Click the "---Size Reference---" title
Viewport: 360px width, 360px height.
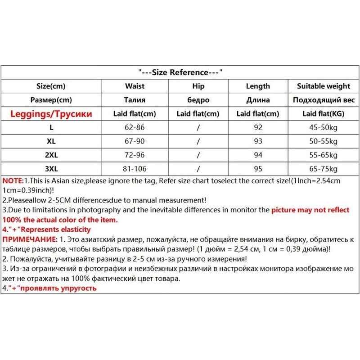point(180,72)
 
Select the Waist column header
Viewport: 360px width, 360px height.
point(135,86)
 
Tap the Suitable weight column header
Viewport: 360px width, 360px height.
point(324,86)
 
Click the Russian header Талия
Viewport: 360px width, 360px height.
point(135,100)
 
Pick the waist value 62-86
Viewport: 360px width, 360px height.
point(135,128)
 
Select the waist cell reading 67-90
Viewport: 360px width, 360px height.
point(135,142)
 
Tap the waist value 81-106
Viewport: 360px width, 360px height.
point(135,170)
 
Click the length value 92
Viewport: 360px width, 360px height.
point(258,128)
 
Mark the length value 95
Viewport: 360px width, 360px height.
point(258,170)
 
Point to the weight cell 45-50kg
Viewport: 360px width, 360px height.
point(324,128)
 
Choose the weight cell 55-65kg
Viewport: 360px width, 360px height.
point(324,156)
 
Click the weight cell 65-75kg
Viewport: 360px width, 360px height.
point(324,170)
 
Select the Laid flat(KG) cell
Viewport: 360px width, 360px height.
point(324,114)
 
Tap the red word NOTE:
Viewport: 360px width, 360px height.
point(13,180)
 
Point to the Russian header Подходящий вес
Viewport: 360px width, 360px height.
point(324,100)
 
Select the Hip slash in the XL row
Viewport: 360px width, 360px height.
point(198,142)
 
